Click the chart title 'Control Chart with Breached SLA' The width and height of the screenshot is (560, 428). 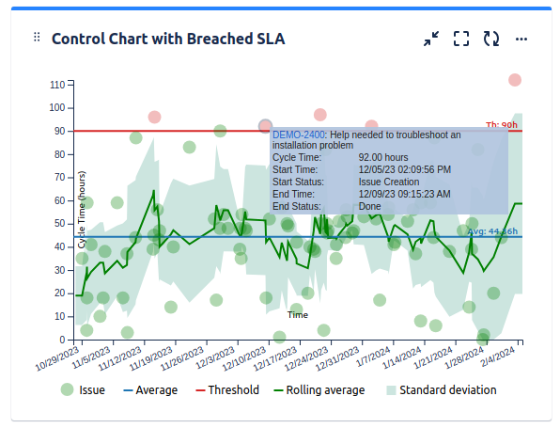[x=168, y=39]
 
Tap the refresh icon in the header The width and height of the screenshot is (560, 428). [x=490, y=39]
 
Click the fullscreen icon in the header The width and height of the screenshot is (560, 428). [x=460, y=39]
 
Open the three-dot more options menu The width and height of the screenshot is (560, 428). [x=521, y=39]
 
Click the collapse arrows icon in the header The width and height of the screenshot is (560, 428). [x=430, y=39]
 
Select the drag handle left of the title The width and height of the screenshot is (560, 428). [x=37, y=38]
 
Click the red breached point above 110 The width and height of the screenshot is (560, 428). [x=515, y=80]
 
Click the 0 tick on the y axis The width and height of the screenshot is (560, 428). [x=61, y=340]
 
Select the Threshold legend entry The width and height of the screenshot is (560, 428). [x=226, y=390]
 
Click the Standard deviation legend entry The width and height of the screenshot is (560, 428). [x=439, y=390]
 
